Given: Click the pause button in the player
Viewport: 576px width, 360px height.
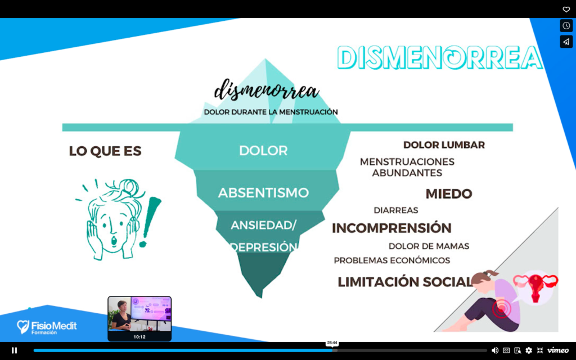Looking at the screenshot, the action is pyautogui.click(x=14, y=350).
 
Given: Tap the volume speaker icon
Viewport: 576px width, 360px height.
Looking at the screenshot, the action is pyautogui.click(x=495, y=350).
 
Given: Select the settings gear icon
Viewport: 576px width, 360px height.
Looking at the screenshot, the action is pyautogui.click(x=529, y=350).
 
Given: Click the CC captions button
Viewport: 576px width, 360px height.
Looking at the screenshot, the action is pyautogui.click(x=506, y=350).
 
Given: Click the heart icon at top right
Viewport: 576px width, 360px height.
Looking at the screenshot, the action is pyautogui.click(x=566, y=10).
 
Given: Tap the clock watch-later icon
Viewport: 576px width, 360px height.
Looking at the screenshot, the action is pyautogui.click(x=566, y=26).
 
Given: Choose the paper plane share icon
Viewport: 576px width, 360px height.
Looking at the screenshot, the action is pyautogui.click(x=566, y=42).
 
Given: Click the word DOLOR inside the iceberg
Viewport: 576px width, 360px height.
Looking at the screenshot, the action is pyautogui.click(x=263, y=151).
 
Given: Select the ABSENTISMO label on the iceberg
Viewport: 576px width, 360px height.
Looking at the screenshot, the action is pyautogui.click(x=263, y=193).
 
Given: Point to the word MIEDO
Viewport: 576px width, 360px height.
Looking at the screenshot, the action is pyautogui.click(x=448, y=194).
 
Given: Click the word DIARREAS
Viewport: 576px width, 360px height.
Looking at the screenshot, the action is pyautogui.click(x=395, y=210).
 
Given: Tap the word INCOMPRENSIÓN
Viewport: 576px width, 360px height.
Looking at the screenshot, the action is pyautogui.click(x=391, y=228).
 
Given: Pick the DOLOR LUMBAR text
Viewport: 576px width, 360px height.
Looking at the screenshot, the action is pyautogui.click(x=444, y=145).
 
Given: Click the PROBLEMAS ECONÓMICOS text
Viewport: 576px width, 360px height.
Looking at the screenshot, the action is pyautogui.click(x=391, y=260).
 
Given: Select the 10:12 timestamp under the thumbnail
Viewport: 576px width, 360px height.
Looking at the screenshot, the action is pyautogui.click(x=139, y=337).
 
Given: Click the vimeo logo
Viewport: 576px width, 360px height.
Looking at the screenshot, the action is pyautogui.click(x=558, y=350).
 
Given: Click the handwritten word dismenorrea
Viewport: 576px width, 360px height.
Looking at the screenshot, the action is pyautogui.click(x=266, y=90).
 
